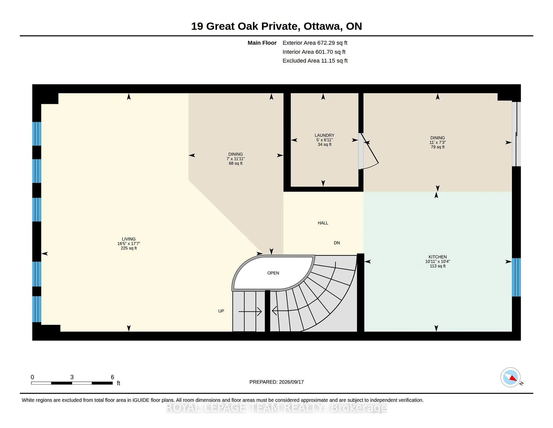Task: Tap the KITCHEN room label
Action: [x=438, y=257]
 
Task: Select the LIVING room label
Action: [x=129, y=239]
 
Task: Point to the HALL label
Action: [x=323, y=223]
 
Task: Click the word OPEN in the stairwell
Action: [x=273, y=273]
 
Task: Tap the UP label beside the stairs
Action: [x=221, y=311]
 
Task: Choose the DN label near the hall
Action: [x=337, y=243]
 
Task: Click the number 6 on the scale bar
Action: [x=112, y=377]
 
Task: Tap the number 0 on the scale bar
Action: [x=32, y=377]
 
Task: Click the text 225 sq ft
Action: [x=129, y=248]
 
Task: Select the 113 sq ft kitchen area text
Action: [x=438, y=266]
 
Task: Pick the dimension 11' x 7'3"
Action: [x=438, y=142]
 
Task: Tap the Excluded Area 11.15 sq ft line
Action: [x=315, y=61]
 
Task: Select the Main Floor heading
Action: [x=262, y=43]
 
